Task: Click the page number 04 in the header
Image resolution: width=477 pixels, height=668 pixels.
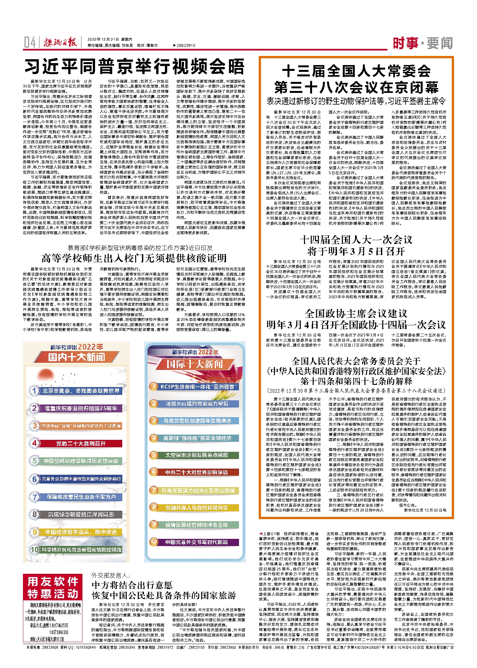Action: (x=30, y=42)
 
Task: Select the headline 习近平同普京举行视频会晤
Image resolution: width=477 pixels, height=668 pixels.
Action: (x=135, y=67)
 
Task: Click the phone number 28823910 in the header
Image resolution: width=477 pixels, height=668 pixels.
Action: (x=186, y=46)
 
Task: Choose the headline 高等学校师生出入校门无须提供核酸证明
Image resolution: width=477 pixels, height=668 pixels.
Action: (x=134, y=258)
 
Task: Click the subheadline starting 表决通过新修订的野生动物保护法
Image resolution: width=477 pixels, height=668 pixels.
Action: (x=356, y=101)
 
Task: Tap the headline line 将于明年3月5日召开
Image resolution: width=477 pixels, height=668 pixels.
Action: (x=356, y=251)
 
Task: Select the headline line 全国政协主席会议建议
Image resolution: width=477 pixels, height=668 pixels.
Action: (x=356, y=313)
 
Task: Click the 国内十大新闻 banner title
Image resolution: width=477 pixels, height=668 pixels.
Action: (x=77, y=357)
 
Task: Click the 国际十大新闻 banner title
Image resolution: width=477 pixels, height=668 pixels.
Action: (x=195, y=364)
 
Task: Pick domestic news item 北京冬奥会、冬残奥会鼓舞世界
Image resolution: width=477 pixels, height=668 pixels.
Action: (x=81, y=391)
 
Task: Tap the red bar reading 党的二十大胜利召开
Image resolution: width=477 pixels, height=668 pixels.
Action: (x=81, y=443)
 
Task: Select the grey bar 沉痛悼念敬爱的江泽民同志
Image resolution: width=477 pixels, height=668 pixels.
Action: (x=81, y=514)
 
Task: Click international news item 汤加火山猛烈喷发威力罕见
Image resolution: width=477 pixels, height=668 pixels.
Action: (x=197, y=404)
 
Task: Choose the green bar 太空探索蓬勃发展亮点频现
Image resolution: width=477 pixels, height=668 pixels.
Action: (x=197, y=455)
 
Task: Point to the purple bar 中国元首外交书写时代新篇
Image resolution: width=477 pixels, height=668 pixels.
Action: (x=197, y=542)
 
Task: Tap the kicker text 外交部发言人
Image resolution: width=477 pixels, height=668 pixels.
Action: (x=110, y=575)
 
